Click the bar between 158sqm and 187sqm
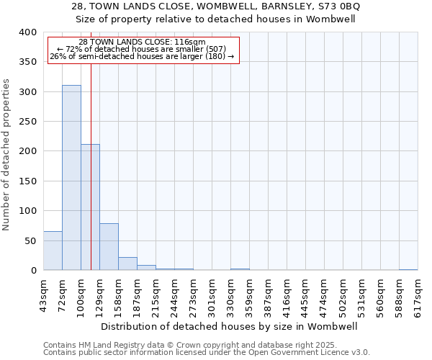[x=127, y=264]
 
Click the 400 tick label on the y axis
[x=27, y=32]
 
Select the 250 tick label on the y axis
[x=27, y=122]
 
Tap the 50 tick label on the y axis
[x=30, y=240]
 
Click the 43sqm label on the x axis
[x=44, y=294]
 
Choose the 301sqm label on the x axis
[x=212, y=294]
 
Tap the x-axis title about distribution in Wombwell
[x=230, y=326]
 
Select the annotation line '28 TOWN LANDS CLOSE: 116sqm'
[x=142, y=42]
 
